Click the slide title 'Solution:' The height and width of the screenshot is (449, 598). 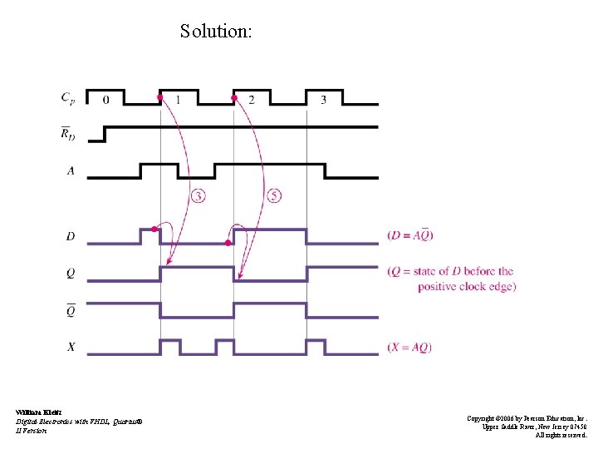click(x=216, y=32)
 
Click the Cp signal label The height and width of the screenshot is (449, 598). click(x=68, y=98)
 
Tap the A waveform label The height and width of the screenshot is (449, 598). click(x=70, y=170)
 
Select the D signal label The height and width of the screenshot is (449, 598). click(x=71, y=237)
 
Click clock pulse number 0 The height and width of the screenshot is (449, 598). click(x=105, y=100)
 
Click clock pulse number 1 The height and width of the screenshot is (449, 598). click(x=178, y=100)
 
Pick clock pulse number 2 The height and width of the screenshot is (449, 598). click(x=251, y=100)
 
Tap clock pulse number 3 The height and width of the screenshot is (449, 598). click(x=323, y=100)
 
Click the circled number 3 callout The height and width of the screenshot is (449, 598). click(x=199, y=196)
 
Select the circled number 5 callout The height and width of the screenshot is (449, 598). click(x=274, y=196)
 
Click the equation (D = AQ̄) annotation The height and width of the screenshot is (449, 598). click(x=410, y=235)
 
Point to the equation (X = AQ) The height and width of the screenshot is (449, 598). click(x=409, y=347)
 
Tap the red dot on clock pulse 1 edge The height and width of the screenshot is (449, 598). click(x=159, y=98)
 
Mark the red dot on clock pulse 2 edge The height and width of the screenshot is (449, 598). click(x=234, y=98)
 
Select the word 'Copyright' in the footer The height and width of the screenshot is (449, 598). click(x=481, y=418)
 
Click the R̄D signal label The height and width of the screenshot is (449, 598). click(x=69, y=133)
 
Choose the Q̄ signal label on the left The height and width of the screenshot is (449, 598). click(x=70, y=310)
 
